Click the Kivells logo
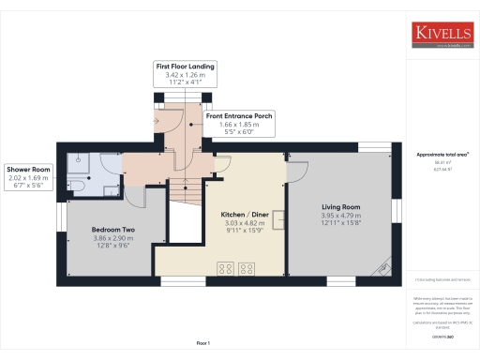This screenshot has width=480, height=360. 442,36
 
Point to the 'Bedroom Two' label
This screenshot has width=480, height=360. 113,230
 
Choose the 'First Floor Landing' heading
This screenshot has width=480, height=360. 185,67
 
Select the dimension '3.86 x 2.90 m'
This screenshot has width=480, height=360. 113,238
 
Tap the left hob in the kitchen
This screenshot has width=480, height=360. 225,268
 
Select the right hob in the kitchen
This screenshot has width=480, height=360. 248,268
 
